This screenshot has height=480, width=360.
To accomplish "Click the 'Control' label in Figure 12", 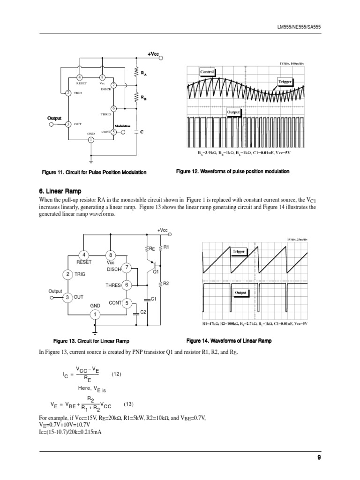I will [207, 72].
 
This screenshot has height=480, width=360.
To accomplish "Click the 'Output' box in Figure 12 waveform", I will [233, 112].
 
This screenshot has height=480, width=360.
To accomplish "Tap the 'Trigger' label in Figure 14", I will [239, 252].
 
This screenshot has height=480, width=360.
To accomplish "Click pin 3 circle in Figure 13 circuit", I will [67, 297].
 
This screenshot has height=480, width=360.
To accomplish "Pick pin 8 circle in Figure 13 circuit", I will [111, 255].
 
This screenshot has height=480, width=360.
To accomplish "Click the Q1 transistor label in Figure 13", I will [156, 271].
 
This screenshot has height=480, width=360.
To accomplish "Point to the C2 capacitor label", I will [144, 312].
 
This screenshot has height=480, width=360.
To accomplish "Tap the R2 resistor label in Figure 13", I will [165, 284].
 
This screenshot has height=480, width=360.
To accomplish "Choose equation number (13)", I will [129, 404].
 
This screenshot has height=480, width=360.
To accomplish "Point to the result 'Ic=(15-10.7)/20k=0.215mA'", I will [71, 432].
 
